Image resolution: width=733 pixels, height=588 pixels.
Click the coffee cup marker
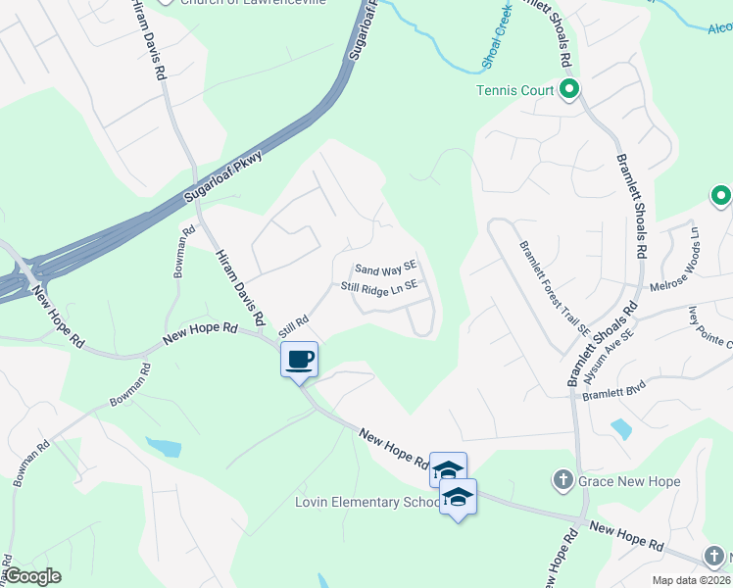(300, 359)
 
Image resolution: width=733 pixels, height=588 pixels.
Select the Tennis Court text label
(515, 91)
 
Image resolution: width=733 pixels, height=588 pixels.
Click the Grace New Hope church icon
(562, 480)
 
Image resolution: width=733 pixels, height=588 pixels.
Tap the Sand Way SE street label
(386, 268)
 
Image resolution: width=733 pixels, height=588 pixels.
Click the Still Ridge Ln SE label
(379, 286)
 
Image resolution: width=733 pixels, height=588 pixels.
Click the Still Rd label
(294, 325)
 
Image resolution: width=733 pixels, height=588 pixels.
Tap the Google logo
(32, 576)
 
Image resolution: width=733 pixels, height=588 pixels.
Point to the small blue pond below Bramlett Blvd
(620, 429)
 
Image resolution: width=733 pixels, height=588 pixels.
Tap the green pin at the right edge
(721, 196)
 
